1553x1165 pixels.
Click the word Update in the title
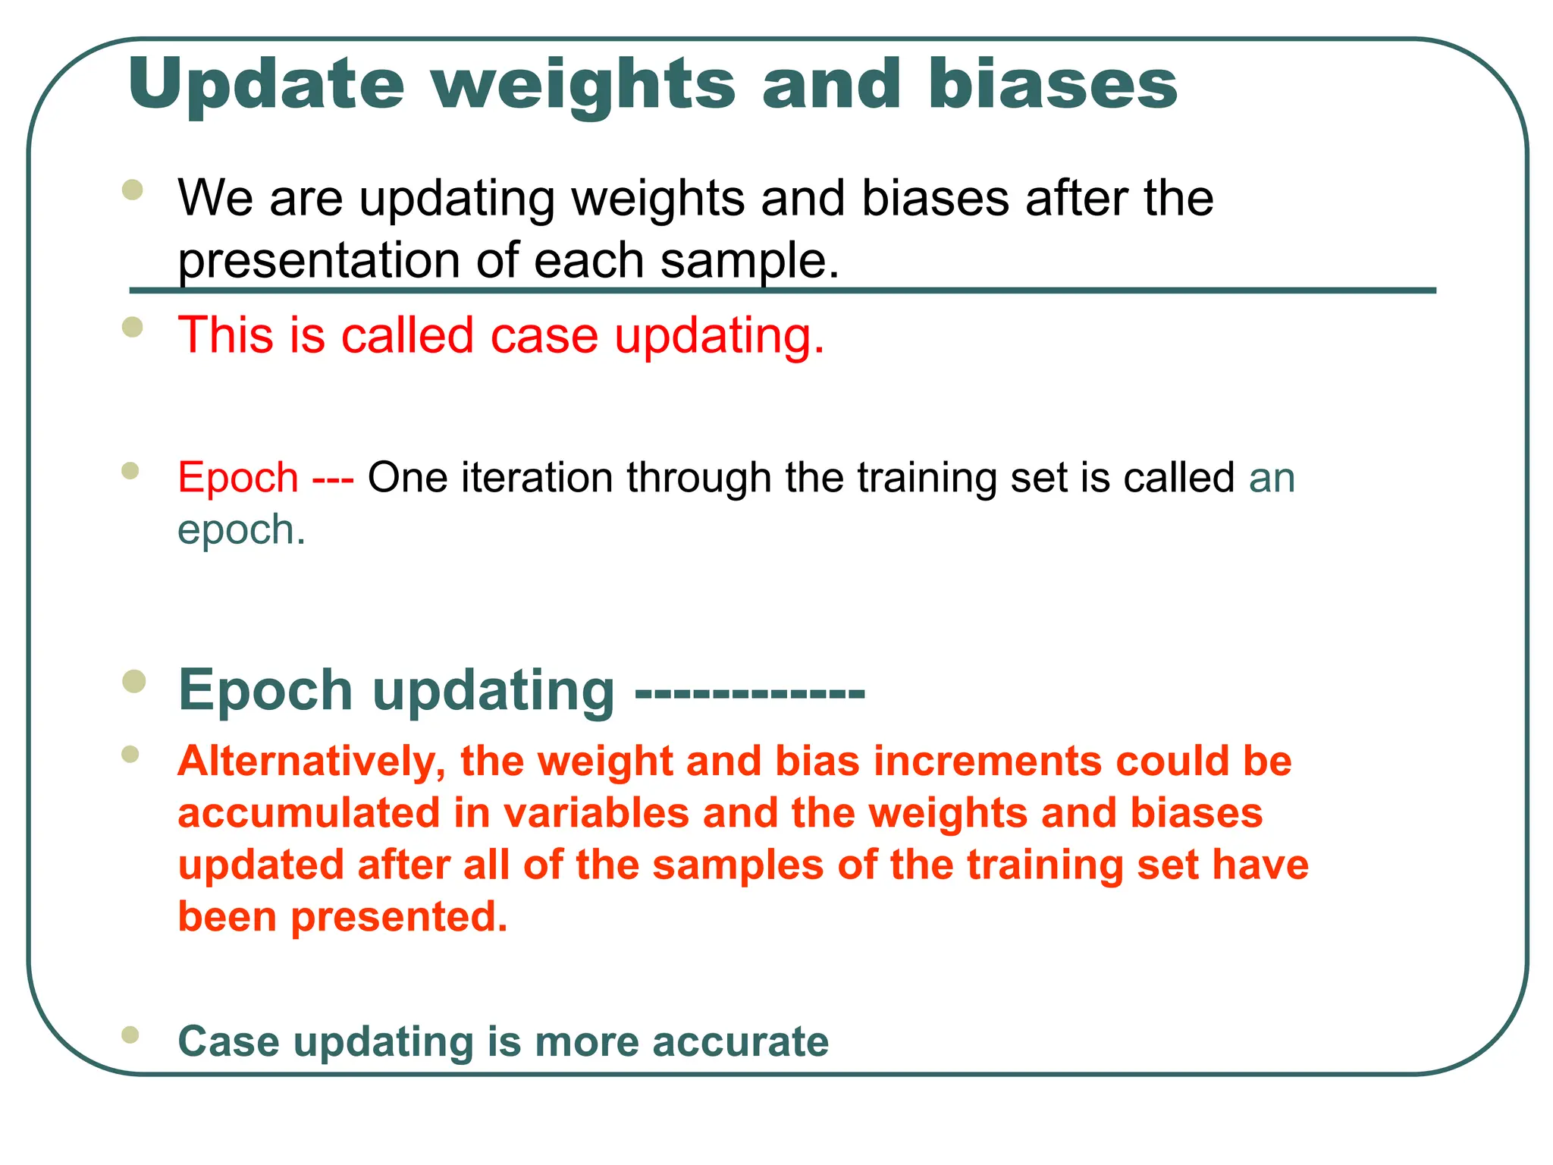(x=266, y=85)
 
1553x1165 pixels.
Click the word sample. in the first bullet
(x=750, y=260)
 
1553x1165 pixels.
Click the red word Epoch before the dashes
(x=238, y=478)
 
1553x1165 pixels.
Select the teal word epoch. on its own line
(x=241, y=529)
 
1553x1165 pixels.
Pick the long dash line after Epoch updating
(x=749, y=692)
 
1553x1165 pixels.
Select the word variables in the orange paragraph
(x=596, y=813)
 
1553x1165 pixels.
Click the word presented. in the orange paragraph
(x=399, y=917)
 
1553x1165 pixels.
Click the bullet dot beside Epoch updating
(x=134, y=680)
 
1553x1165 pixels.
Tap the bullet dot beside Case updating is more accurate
(x=130, y=1035)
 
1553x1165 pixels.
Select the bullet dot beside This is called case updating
(x=133, y=327)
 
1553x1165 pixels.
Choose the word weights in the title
(x=584, y=85)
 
